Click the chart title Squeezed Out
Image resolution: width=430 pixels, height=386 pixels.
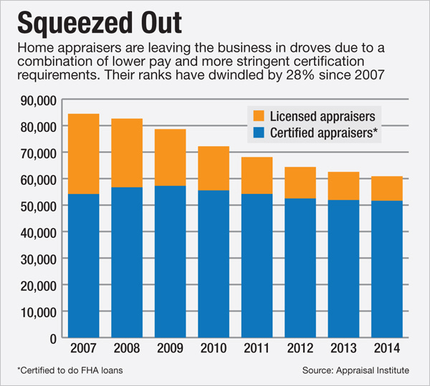pyautogui.click(x=100, y=22)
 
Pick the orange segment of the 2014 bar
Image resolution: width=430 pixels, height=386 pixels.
pyautogui.click(x=386, y=188)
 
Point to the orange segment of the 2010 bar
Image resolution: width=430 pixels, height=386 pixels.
pyautogui.click(x=213, y=168)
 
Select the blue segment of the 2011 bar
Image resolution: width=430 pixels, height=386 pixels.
pyautogui.click(x=256, y=266)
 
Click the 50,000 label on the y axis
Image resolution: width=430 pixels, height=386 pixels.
pyautogui.click(x=40, y=206)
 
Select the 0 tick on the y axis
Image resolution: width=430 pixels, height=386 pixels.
pyautogui.click(x=54, y=338)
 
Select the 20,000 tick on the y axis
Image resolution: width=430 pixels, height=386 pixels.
pyautogui.click(x=40, y=285)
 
